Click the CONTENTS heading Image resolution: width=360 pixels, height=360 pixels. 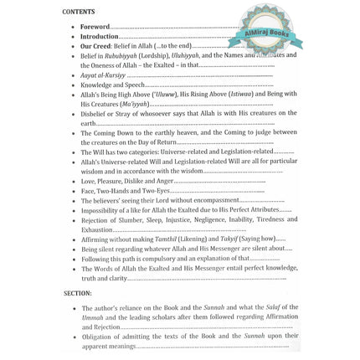79,13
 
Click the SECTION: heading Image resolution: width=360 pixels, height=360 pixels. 78,293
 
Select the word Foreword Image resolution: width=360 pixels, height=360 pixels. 94,27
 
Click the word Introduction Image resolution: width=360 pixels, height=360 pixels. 99,36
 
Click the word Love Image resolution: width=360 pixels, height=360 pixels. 88,181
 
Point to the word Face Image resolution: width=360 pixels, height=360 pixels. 88,191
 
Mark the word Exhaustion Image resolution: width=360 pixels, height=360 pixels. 97,229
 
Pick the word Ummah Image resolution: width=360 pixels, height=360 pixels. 91,317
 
